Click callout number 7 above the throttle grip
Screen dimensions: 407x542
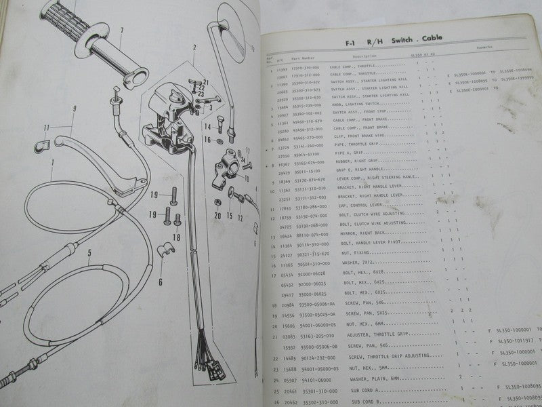(x=123, y=30)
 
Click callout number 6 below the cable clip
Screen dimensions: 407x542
(x=160, y=280)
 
